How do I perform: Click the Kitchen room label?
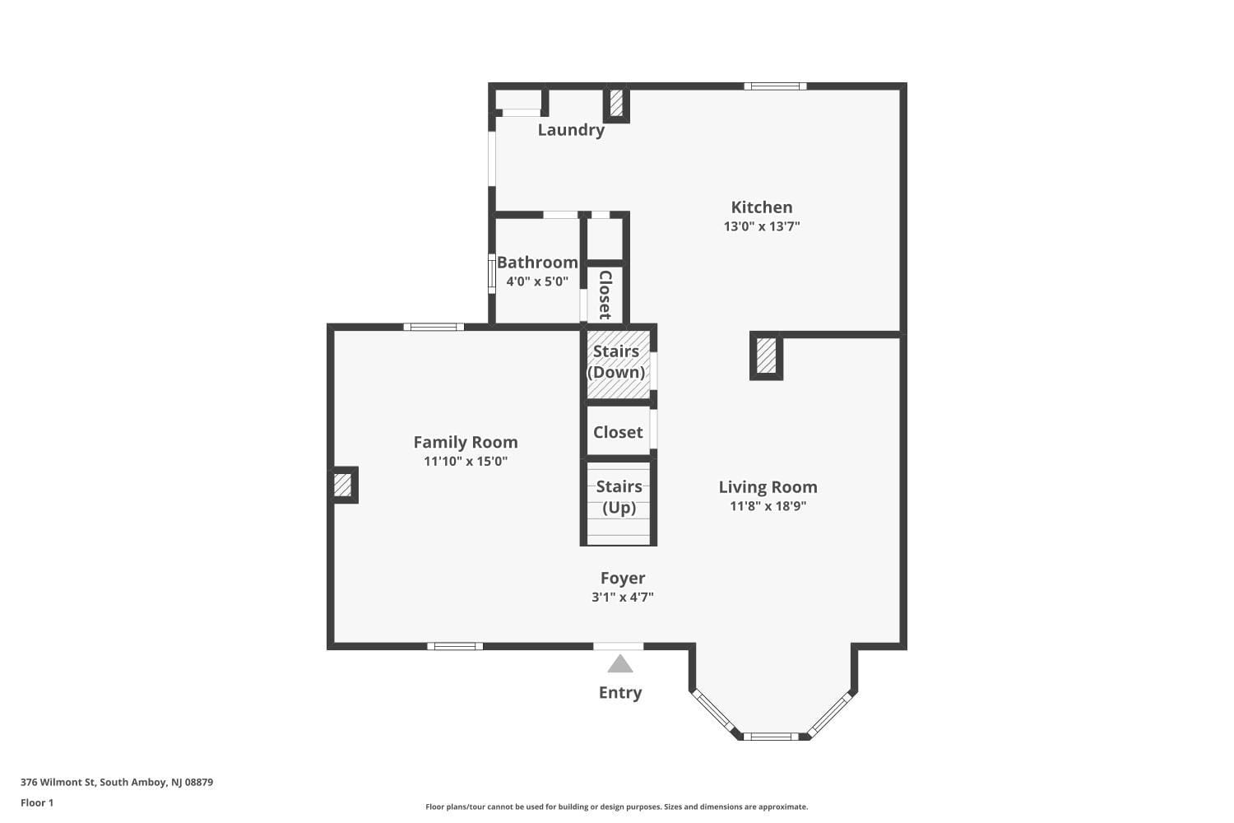point(762,207)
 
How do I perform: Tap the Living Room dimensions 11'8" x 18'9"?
point(768,506)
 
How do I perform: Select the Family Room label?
point(466,443)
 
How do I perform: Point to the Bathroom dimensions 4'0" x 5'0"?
point(537,281)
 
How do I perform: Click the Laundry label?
point(571,130)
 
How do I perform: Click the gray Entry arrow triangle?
point(619,664)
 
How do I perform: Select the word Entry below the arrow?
point(619,693)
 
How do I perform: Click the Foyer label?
point(623,579)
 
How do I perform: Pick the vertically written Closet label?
point(605,295)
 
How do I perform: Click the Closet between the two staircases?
point(618,432)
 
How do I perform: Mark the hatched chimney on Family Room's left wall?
point(342,486)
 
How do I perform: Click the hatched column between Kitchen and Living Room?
point(766,356)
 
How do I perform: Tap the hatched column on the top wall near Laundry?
point(616,104)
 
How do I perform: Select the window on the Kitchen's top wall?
point(775,86)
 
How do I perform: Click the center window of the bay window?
point(771,736)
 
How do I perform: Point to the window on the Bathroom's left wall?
point(491,274)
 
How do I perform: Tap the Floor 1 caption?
point(37,803)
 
